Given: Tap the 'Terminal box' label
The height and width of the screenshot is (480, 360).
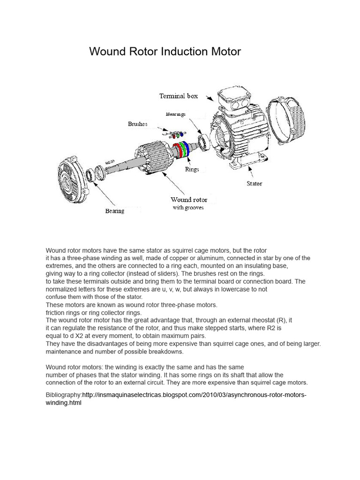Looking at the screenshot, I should (178, 96).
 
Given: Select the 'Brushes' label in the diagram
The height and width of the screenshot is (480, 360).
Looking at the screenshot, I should (138, 124).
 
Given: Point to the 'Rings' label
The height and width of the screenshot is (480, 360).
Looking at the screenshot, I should (192, 169).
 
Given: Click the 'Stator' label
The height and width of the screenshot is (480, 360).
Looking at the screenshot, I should (255, 184).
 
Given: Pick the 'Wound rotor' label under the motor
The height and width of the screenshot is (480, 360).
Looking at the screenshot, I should (189, 200).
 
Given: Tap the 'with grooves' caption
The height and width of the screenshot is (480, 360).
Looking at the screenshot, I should (188, 208).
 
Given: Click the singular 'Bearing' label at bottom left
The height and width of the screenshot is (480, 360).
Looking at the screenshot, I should (114, 211).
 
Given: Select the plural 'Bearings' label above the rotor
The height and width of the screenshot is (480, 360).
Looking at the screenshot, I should (176, 114).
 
